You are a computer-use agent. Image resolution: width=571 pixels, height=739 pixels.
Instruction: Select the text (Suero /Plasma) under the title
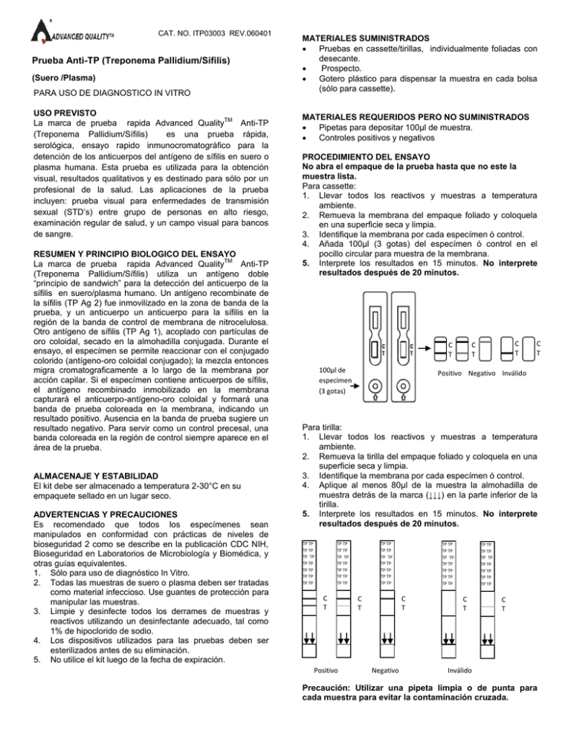click(x=64, y=77)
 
